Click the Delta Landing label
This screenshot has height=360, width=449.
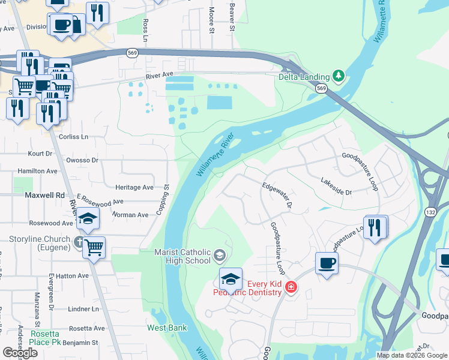304,77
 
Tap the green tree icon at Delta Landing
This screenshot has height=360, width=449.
339,76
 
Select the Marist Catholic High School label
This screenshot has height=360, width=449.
182,256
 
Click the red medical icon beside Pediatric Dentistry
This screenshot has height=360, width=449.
291,287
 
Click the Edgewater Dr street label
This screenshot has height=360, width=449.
276,196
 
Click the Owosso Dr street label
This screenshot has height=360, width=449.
82,160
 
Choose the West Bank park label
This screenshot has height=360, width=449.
167,328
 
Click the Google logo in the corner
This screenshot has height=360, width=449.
20,353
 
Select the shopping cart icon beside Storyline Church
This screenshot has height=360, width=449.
94,247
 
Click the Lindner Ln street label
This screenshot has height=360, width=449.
83,309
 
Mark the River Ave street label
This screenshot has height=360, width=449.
160,74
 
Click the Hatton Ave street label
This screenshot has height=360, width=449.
74,276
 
